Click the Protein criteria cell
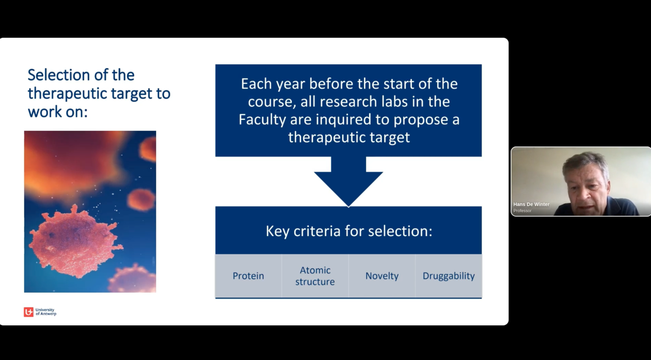[248, 276]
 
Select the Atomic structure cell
[315, 276]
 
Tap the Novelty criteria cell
[382, 276]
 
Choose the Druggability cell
[449, 276]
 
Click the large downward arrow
[348, 182]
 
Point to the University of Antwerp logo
[40, 312]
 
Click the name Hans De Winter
[531, 204]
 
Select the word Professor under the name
[522, 211]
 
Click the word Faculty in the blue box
[262, 120]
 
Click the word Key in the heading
[277, 232]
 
